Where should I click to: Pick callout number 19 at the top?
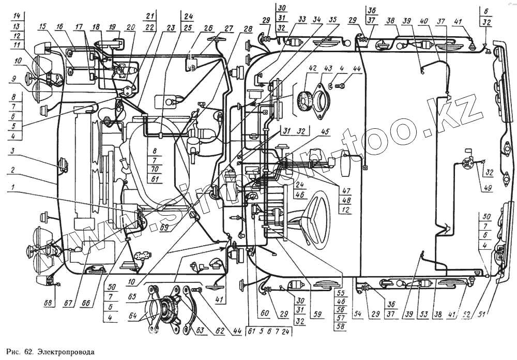113,27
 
